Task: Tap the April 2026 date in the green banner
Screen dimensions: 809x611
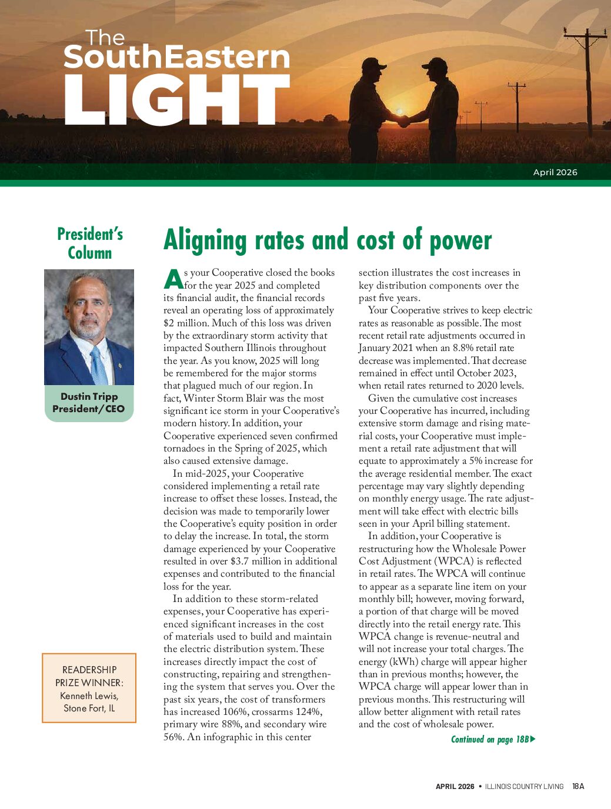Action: point(555,172)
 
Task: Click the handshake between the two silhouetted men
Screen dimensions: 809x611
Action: point(403,121)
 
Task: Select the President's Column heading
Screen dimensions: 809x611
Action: point(89,243)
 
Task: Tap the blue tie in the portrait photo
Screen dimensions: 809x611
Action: point(98,365)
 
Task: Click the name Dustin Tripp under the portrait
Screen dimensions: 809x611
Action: point(89,397)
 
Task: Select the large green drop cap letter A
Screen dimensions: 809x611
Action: point(173,279)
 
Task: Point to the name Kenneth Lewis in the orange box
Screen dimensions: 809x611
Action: point(89,696)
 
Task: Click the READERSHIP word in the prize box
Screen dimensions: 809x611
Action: point(89,670)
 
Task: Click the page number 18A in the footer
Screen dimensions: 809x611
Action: point(578,786)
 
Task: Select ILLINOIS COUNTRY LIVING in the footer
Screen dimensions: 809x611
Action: point(524,787)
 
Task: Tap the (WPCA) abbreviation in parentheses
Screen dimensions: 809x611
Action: point(455,561)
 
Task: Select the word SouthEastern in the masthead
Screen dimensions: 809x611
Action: point(176,57)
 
